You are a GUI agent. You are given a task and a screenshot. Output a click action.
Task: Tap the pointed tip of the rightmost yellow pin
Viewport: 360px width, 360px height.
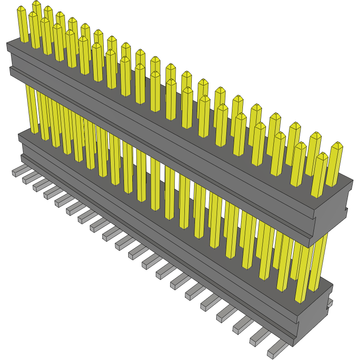coord(337,145)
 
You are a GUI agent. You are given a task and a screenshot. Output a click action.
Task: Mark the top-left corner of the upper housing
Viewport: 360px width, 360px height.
coord(7,43)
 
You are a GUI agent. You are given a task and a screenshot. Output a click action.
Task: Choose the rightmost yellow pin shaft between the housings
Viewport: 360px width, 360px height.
coord(318,263)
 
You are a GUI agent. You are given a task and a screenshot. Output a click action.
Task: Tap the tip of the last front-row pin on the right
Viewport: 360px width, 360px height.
coord(322,156)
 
